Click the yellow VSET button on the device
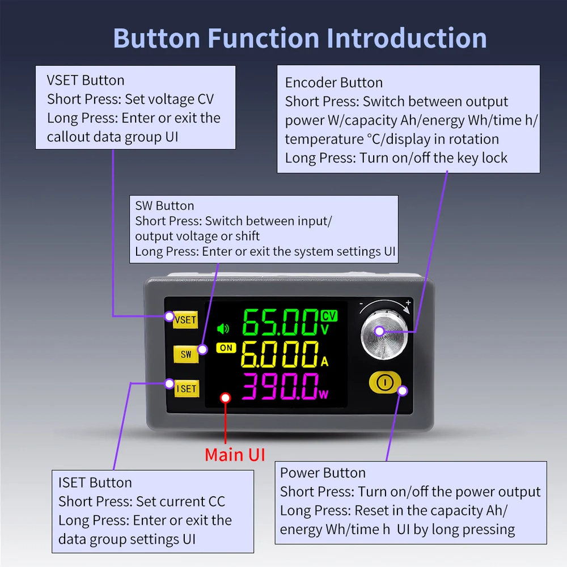point(185,320)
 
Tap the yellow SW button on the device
point(186,354)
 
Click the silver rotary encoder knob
point(384,335)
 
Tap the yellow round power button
point(385,382)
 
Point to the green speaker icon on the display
point(223,328)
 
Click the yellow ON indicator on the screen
point(226,348)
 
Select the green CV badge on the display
point(329,316)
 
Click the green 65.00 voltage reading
point(281,322)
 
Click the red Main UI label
point(235,455)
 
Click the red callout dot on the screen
point(225,398)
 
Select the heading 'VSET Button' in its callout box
point(86,81)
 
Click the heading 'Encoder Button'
point(334,83)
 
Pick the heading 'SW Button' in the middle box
point(164,206)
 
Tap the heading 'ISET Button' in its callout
point(95,483)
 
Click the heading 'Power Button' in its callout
point(323,473)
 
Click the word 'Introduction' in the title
point(407,38)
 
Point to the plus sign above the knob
point(408,302)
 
